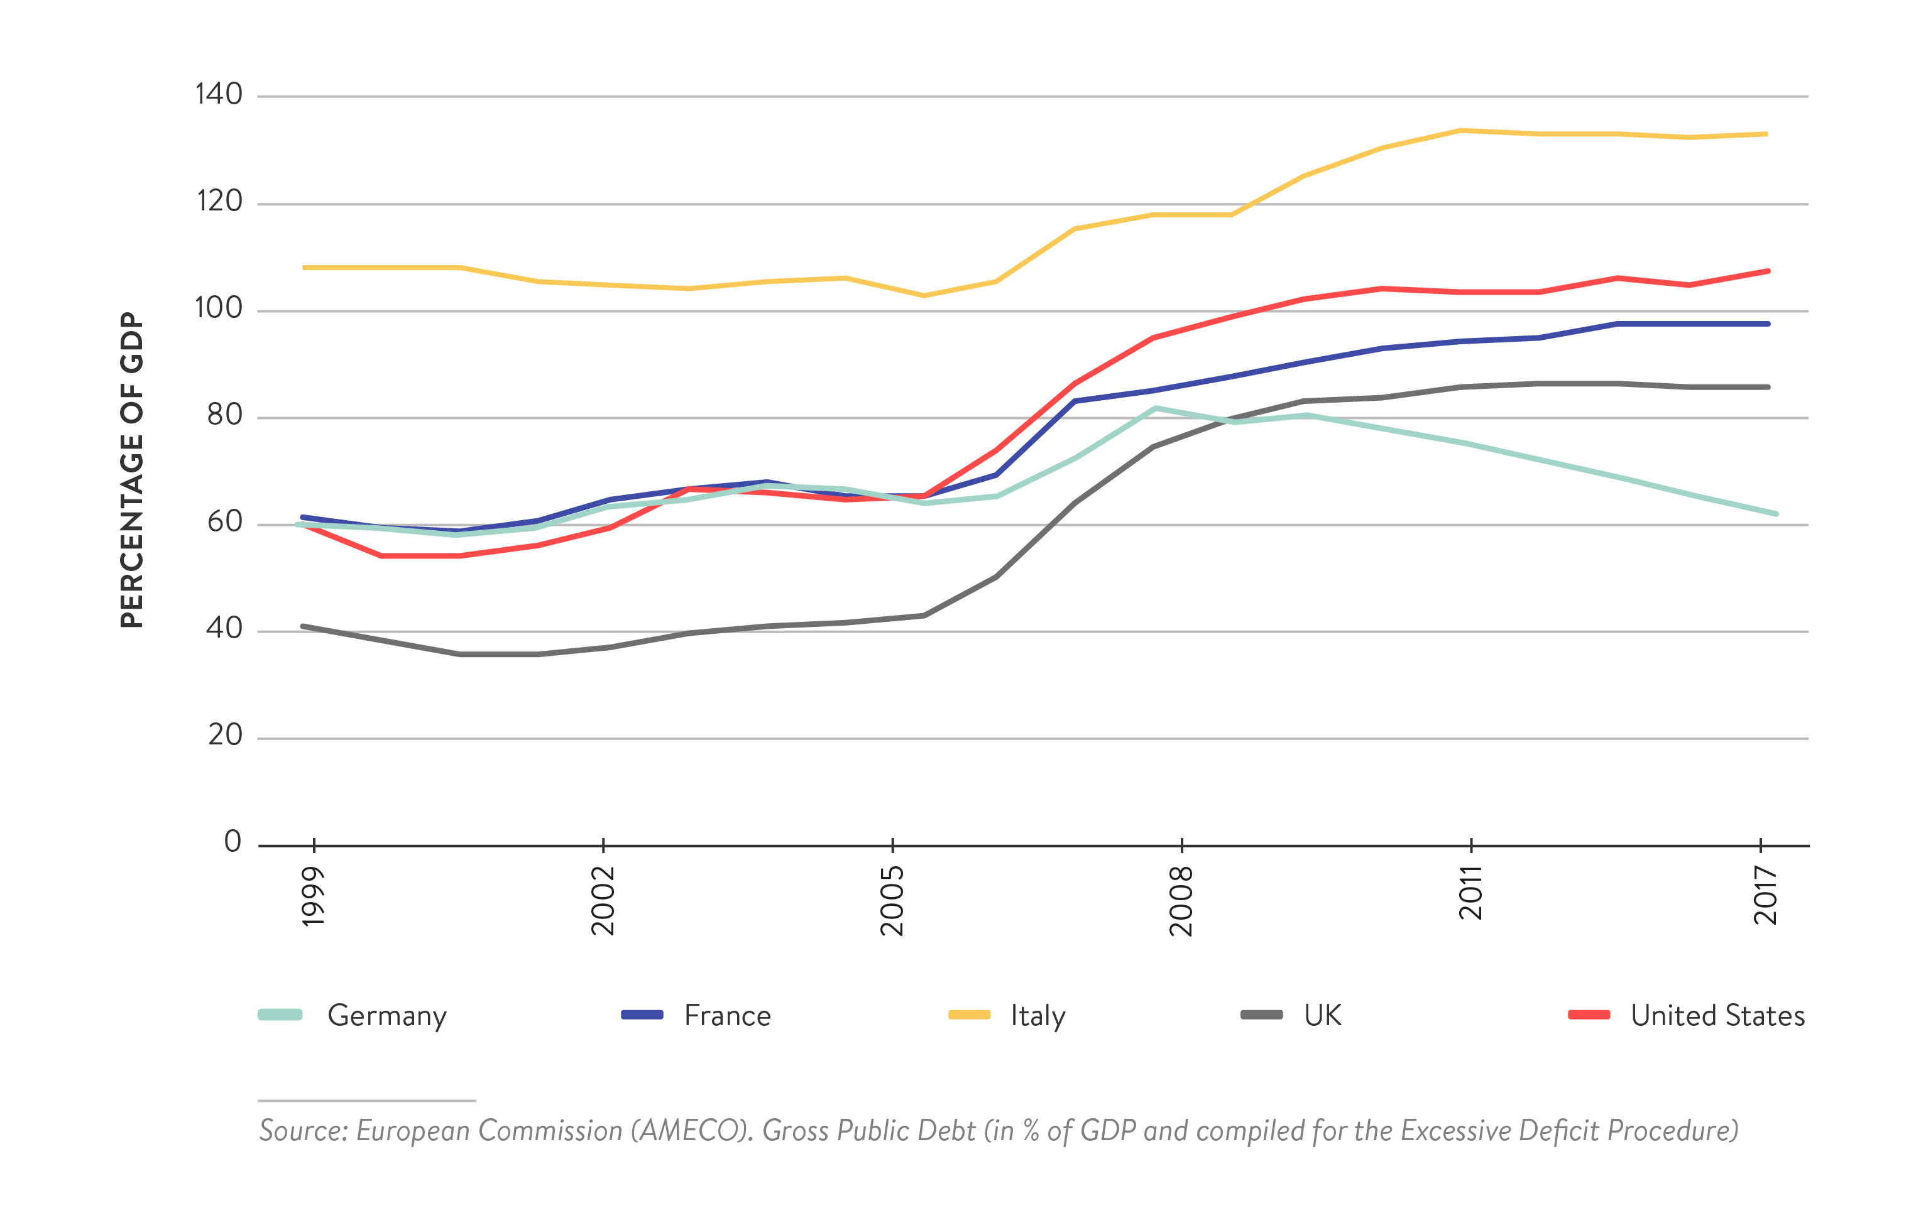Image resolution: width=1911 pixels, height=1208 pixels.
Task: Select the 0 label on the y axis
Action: click(233, 842)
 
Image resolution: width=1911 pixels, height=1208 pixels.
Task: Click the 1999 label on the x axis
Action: click(314, 896)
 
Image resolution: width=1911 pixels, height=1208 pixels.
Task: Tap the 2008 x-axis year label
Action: click(1181, 900)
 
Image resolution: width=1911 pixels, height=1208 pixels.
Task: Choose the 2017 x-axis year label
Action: click(1766, 896)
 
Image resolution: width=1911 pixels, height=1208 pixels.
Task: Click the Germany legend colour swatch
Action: click(280, 1015)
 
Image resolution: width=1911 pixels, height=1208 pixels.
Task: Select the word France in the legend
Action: click(727, 1016)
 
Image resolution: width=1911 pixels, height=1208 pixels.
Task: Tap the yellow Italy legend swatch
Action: click(969, 1015)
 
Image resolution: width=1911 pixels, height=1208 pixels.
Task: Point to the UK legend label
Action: click(1322, 1016)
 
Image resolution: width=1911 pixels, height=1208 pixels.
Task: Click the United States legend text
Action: click(1717, 1016)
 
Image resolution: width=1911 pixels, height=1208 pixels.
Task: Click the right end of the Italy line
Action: click(1766, 134)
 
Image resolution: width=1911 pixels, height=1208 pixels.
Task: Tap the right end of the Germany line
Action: click(1776, 514)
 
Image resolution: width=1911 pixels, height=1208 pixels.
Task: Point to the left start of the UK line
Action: click(303, 626)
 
